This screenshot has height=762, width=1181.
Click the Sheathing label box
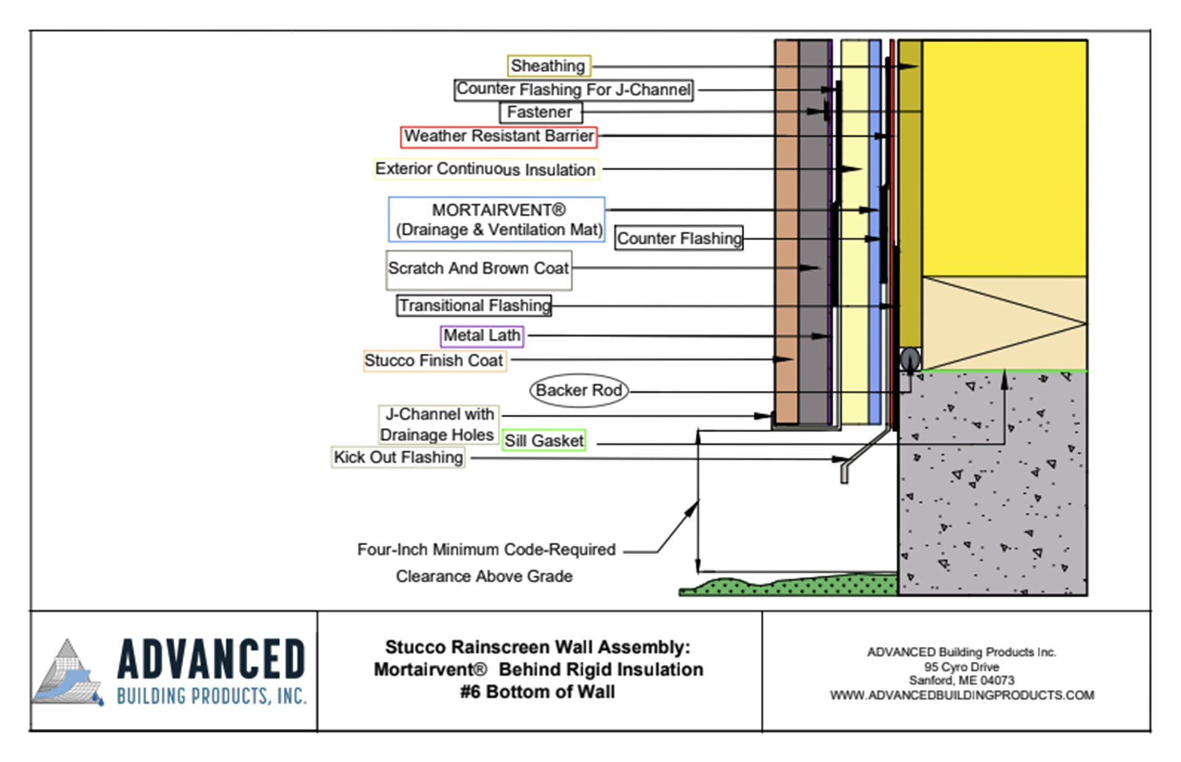549,66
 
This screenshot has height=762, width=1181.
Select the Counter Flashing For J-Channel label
574,90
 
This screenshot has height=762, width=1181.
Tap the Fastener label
540,113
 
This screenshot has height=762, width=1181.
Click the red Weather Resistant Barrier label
498,137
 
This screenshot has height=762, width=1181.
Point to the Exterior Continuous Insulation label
486,169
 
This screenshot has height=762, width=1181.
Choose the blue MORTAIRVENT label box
497,220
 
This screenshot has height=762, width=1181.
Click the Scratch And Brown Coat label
479,270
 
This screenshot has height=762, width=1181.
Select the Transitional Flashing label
474,305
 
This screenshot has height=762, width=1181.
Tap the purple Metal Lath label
482,336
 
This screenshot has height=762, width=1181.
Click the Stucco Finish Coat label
434,361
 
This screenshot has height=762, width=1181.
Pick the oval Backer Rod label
579,390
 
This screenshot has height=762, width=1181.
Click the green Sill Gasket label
544,441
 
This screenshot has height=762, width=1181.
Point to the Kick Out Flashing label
398,457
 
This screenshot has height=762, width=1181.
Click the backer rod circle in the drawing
910,358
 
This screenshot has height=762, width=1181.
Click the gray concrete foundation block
992,483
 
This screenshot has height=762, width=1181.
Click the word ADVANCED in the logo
211,659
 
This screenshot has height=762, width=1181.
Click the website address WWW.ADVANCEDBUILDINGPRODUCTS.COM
962,696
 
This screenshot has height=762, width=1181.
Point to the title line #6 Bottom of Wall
538,692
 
